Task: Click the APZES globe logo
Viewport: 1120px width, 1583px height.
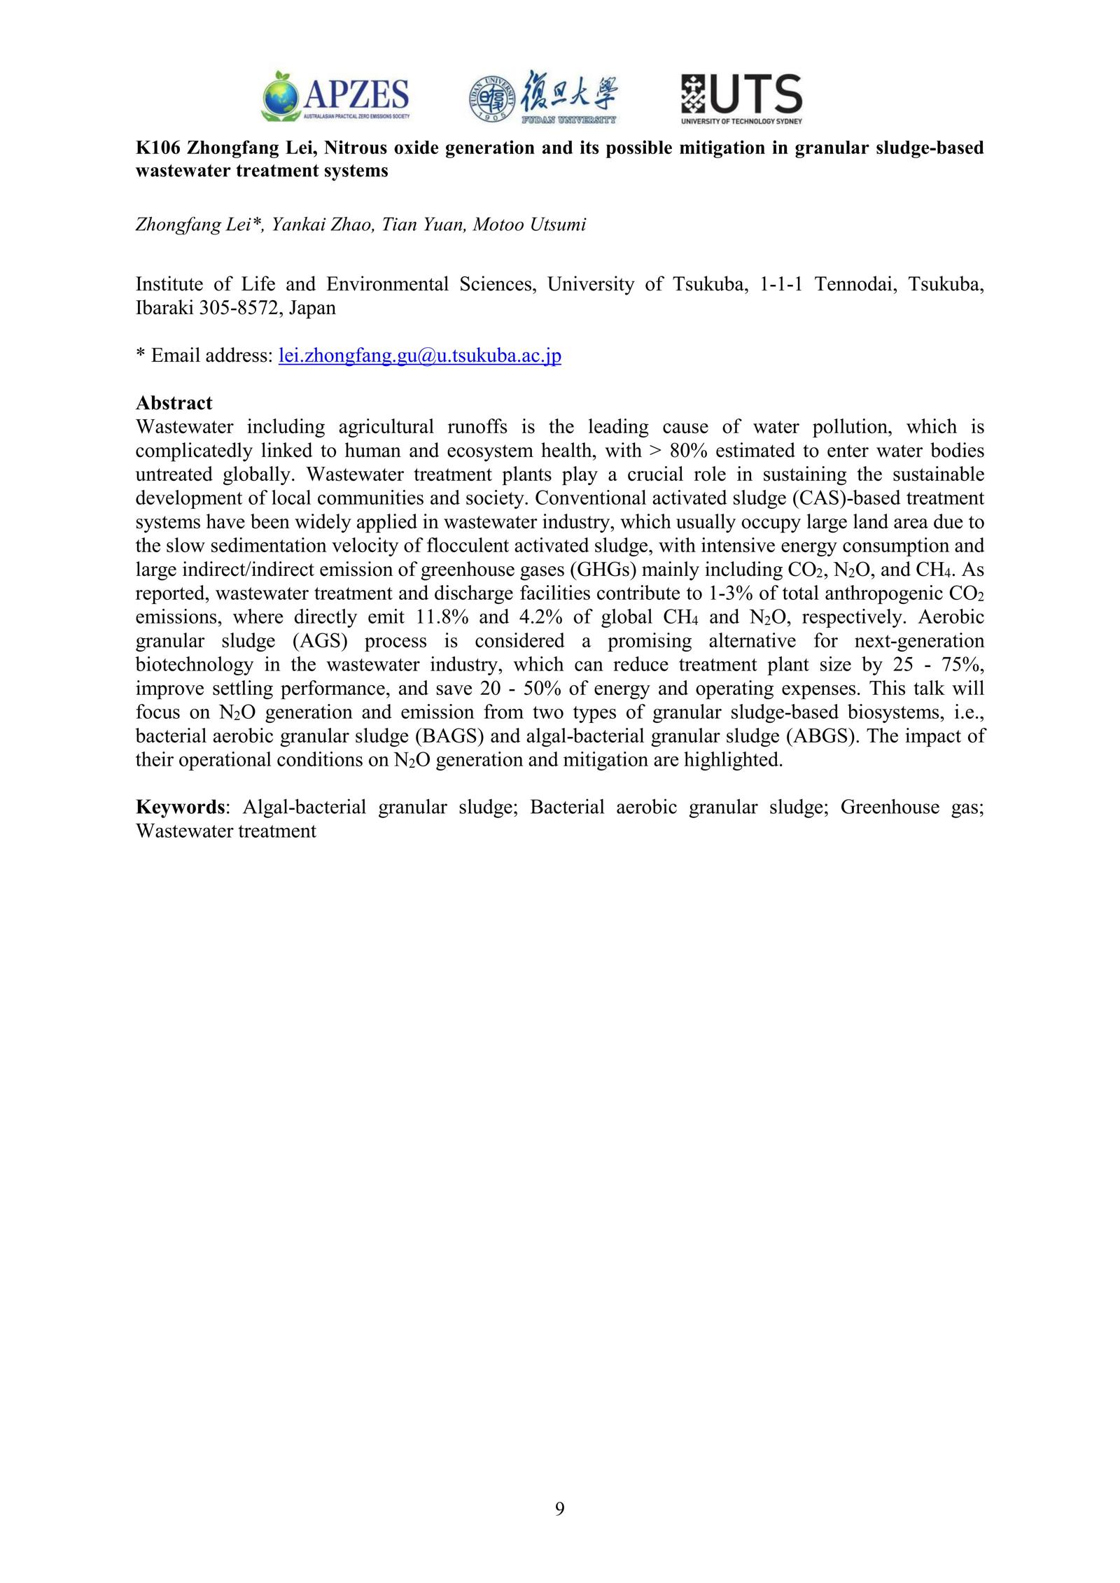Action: [x=281, y=96]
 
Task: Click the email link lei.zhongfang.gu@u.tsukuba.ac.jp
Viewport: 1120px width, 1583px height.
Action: [x=419, y=356]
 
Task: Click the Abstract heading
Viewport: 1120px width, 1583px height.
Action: [x=174, y=403]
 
